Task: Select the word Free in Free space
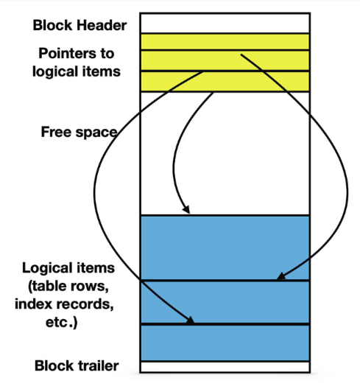57,132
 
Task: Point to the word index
34,303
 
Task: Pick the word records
85,303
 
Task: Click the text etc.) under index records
62,322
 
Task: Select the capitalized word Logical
48,268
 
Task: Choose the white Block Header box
225,23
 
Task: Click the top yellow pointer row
225,42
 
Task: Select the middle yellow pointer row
225,60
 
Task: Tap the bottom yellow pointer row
225,82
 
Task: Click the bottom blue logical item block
225,343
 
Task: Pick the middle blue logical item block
225,302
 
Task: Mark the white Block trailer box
225,367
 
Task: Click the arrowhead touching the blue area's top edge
186,209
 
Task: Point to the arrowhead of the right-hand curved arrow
280,276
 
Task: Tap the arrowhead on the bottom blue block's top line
190,320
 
